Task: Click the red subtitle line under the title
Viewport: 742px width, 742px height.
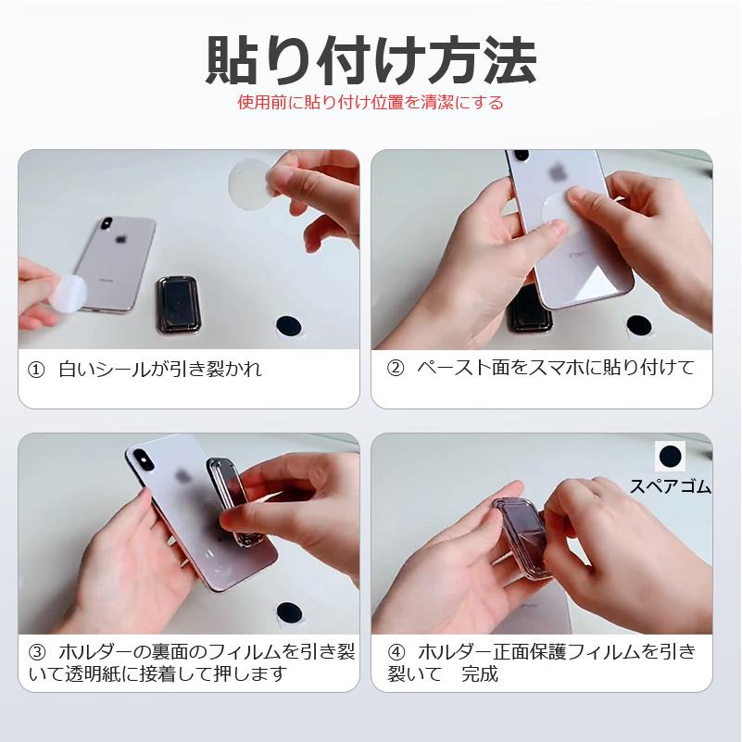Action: click(x=371, y=102)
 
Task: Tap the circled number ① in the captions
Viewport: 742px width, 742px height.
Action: click(x=38, y=370)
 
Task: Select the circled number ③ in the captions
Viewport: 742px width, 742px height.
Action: click(x=38, y=652)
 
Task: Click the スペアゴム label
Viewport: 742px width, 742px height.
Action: click(x=670, y=485)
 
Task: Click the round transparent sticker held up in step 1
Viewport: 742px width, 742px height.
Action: click(x=250, y=183)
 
